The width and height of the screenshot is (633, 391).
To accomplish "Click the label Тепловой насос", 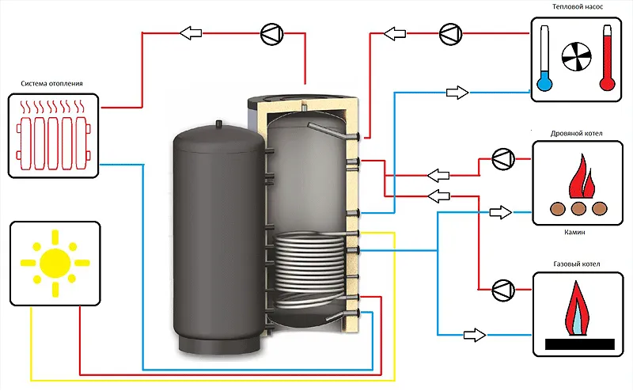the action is [x=578, y=7].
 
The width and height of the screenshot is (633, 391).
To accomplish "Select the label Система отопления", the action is [x=51, y=84].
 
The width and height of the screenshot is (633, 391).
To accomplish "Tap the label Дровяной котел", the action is [x=577, y=133].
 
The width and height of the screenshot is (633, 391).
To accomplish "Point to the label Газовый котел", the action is [x=577, y=264].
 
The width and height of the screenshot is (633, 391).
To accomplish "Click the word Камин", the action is [x=574, y=232].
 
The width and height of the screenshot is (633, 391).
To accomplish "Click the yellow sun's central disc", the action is [x=55, y=263].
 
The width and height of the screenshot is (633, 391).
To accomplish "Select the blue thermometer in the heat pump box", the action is [x=544, y=58].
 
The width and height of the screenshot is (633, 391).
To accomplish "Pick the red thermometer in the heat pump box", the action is [x=607, y=58].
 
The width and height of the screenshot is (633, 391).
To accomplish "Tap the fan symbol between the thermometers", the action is [x=576, y=56].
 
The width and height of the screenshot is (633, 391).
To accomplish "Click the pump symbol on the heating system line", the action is [x=272, y=34].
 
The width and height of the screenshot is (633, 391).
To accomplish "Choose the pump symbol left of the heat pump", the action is [x=450, y=34].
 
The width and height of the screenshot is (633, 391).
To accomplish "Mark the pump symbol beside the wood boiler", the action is [x=503, y=159].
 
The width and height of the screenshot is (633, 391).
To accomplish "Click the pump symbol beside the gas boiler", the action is [x=503, y=290].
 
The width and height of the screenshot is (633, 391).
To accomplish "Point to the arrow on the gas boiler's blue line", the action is [x=474, y=335].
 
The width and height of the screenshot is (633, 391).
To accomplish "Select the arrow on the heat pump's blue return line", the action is [x=457, y=93].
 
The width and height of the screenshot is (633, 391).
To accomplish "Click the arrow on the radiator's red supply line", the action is [x=191, y=33].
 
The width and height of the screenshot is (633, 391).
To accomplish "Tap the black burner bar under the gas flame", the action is [x=580, y=344].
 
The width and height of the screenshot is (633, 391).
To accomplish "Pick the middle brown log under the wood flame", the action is [x=578, y=208].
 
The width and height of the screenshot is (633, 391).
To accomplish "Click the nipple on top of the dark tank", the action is [x=219, y=123].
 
